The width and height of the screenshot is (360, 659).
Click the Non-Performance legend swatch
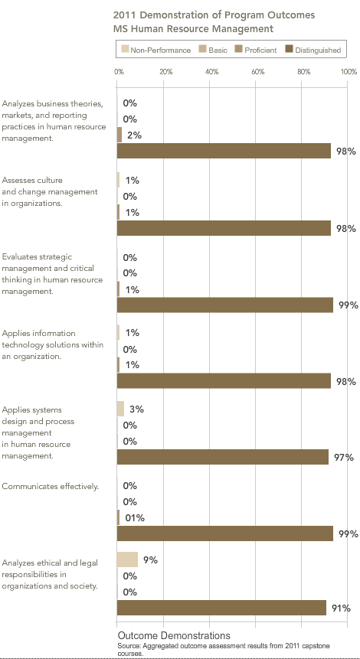(125, 50)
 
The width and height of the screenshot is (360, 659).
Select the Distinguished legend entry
(313, 50)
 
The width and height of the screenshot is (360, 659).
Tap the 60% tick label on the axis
(258, 71)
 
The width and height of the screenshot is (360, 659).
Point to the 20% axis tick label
(166, 71)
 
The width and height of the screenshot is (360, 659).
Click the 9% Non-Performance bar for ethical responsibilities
(127, 559)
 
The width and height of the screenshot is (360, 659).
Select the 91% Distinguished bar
(221, 608)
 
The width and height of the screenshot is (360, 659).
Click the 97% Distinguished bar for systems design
(222, 457)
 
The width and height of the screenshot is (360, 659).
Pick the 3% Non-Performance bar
(120, 409)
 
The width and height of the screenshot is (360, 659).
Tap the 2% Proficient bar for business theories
(119, 135)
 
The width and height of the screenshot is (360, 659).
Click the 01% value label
(135, 518)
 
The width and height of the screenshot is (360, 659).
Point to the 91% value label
(341, 608)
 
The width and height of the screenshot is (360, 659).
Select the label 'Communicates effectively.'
(51, 487)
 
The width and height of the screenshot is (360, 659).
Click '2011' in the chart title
(123, 15)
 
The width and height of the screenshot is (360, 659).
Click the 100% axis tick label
(349, 71)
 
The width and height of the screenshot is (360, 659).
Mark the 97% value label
(344, 457)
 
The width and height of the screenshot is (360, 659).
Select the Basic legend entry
(214, 50)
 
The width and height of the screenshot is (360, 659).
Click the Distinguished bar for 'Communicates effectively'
(225, 533)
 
